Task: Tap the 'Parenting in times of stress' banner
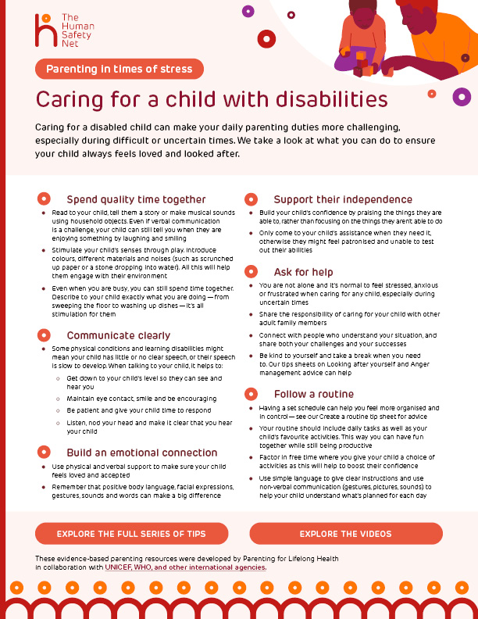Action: point(119,69)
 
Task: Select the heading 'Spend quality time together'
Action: point(136,199)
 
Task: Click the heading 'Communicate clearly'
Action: point(118,335)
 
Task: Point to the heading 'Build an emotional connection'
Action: point(141,453)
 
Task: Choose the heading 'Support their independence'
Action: point(343,199)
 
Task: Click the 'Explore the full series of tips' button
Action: point(131,534)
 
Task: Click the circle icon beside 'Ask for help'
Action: point(251,271)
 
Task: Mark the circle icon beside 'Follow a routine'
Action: point(251,394)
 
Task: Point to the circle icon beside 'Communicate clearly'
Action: point(45,335)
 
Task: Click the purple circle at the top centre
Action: point(248,11)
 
